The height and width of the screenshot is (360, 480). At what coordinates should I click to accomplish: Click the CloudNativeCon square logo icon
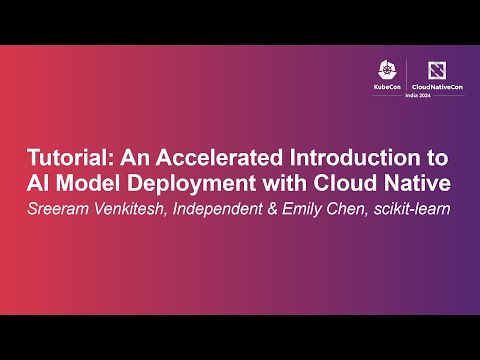tap(436, 71)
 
